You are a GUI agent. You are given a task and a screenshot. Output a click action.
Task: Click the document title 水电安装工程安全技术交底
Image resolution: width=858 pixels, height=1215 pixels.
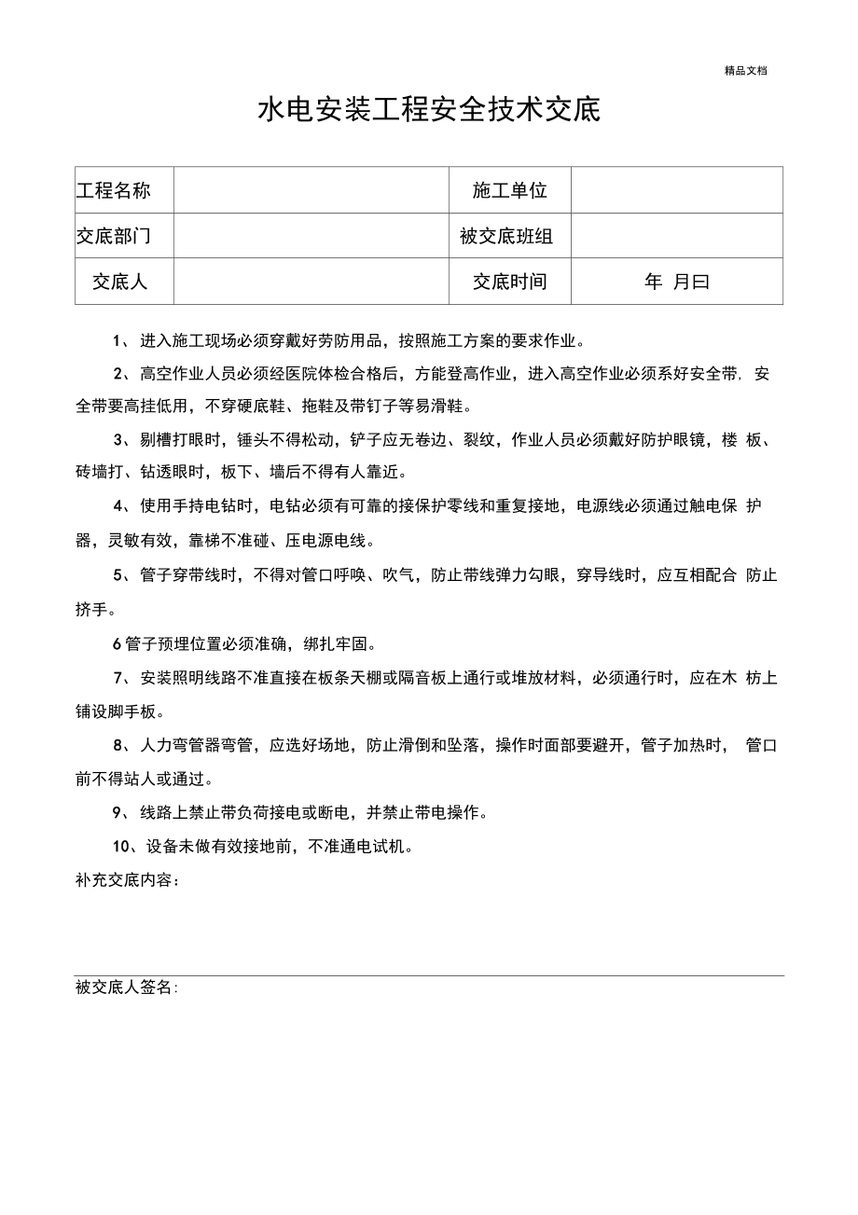[429, 111]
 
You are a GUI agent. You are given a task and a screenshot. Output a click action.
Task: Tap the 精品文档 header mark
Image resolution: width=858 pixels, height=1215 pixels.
[745, 70]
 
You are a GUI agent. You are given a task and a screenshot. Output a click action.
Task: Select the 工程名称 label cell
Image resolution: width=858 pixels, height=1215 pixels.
[113, 190]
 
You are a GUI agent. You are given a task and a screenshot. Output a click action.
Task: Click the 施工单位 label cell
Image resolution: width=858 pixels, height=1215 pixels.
[509, 190]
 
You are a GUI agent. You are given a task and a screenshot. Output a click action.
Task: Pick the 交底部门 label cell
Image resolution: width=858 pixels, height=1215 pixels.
[113, 236]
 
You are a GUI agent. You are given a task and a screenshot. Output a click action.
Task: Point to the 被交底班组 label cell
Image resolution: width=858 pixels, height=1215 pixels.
[506, 236]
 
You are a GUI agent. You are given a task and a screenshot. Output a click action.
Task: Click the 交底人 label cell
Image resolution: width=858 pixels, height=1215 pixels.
[119, 281]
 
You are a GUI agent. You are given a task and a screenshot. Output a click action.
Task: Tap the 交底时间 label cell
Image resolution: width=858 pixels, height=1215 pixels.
[509, 281]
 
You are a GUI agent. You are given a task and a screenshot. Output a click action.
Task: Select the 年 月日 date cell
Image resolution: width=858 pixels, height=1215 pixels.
[676, 281]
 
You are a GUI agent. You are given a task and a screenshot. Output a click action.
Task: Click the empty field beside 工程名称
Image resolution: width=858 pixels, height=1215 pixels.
[311, 190]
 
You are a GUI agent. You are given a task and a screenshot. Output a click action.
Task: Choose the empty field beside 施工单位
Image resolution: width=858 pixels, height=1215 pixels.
[676, 190]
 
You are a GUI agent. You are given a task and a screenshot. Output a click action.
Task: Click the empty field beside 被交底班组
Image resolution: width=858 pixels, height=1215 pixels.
[676, 236]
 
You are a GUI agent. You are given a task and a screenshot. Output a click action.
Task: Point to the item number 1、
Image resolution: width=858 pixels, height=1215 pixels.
[121, 340]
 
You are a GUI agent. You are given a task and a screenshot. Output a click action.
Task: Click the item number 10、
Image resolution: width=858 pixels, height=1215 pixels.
[125, 847]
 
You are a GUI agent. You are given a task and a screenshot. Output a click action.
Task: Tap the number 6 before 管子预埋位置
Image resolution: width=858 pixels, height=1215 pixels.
[117, 643]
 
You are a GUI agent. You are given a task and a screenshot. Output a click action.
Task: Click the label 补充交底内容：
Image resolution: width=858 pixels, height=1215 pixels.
[128, 880]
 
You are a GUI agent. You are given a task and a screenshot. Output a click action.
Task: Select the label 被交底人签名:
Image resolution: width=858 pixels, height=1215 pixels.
[127, 987]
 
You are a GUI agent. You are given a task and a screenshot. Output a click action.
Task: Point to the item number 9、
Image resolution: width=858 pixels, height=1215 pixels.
[121, 812]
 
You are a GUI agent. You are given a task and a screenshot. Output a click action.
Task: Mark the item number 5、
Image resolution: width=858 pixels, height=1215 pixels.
[121, 575]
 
